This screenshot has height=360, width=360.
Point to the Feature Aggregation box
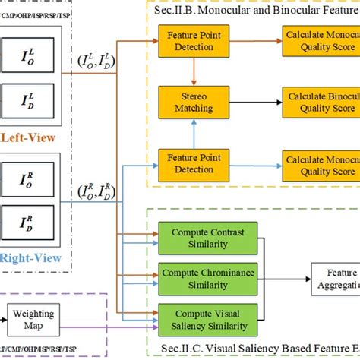[334, 279]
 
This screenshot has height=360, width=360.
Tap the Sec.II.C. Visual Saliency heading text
[273, 349]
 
